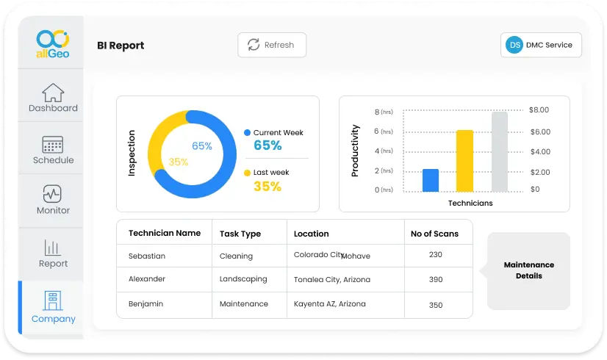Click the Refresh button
[272, 45]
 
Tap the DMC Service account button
[541, 45]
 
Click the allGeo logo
[52, 44]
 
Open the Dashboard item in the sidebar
[53, 98]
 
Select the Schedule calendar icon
[53, 144]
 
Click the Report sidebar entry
[53, 253]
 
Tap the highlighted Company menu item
[53, 308]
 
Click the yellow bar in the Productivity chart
[464, 161]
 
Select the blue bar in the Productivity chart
[431, 180]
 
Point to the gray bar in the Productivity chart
[500, 151]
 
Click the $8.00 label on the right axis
[539, 109]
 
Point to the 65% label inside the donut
[202, 145]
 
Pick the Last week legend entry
[271, 173]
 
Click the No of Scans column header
[434, 234]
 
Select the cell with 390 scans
[436, 279]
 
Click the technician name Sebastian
[147, 256]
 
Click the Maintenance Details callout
[528, 270]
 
